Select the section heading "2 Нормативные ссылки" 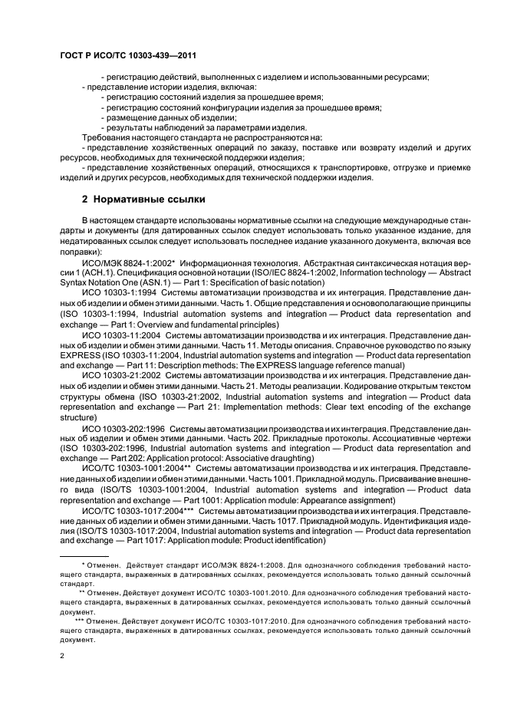pyautogui.click(x=143, y=199)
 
